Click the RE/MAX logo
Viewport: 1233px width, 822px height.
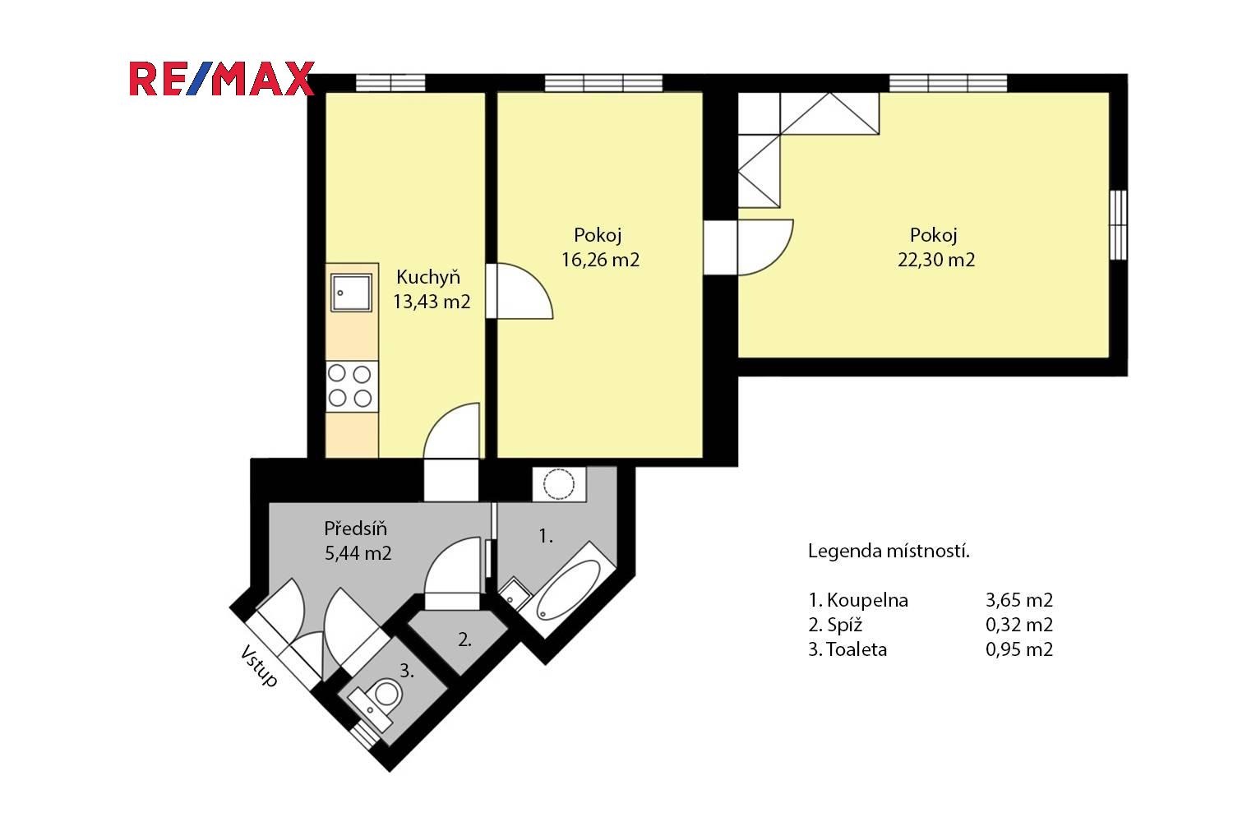pos(222,79)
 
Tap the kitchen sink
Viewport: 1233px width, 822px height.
pos(351,293)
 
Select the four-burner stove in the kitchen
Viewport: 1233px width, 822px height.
pos(352,386)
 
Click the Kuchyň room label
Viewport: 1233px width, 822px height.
pos(428,277)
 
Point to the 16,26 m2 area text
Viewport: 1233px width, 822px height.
pos(601,260)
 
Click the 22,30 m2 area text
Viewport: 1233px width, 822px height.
pos(936,260)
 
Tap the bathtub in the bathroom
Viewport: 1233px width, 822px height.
pos(569,589)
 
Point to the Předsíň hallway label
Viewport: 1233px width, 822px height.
pos(356,529)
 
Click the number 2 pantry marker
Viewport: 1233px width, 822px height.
pos(464,640)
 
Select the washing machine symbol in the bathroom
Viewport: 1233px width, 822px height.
pos(559,484)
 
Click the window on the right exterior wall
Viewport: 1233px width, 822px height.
pos(1118,224)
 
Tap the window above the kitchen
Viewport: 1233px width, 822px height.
pos(390,82)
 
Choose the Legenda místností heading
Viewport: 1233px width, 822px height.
pos(889,551)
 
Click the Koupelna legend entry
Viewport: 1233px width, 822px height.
pos(858,599)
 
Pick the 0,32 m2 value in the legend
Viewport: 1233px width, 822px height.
pos(1019,625)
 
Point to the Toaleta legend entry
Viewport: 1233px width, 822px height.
pos(847,649)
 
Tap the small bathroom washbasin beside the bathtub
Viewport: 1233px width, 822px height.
pos(515,593)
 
